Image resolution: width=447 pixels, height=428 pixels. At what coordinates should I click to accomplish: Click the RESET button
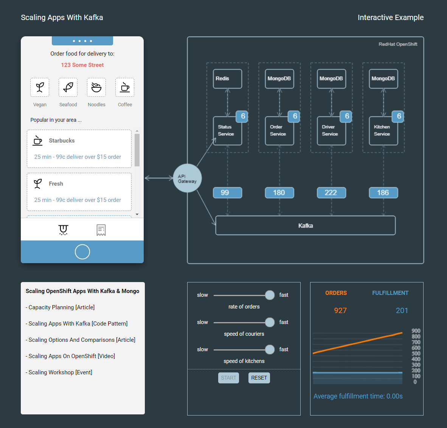point(259,378)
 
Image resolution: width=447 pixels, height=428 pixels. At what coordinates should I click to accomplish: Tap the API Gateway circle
point(187,178)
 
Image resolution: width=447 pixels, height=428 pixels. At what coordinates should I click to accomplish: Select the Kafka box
point(305,225)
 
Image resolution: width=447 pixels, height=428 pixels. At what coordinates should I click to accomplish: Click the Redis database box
point(227,79)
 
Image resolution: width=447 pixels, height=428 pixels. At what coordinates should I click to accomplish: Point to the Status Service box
point(227,131)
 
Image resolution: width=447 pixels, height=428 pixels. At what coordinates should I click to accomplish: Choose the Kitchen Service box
point(383,131)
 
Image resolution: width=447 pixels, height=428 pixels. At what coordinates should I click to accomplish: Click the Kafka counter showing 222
point(331,192)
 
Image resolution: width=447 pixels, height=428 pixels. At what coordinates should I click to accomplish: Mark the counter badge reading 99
point(227,192)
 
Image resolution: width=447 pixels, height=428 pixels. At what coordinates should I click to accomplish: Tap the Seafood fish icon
point(68,87)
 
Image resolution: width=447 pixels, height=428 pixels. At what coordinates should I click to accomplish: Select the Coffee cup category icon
point(125,87)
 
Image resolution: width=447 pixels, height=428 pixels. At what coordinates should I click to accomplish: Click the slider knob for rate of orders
point(270,295)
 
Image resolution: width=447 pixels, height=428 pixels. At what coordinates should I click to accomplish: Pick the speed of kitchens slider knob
point(270,349)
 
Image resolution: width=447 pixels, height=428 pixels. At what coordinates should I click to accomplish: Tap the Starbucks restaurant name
point(62,141)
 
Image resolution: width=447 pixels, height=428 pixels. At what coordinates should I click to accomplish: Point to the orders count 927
point(340,310)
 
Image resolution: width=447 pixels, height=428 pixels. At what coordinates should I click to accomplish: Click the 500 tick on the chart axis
point(416,354)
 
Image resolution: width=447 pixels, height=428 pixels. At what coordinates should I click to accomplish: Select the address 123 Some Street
point(82,65)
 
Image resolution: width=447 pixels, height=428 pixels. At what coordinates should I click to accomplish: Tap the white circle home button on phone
point(82,252)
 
